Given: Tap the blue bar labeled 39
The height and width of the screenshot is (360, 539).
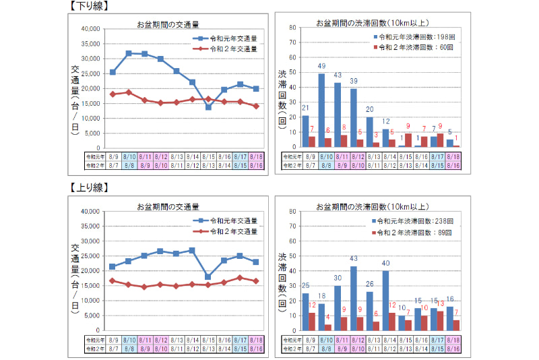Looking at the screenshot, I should coord(354,117).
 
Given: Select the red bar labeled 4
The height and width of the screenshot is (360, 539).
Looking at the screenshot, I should coord(328,327).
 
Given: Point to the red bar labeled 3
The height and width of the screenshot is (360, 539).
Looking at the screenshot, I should coord(377,144).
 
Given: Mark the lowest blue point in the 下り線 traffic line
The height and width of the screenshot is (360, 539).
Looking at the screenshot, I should coord(208,107).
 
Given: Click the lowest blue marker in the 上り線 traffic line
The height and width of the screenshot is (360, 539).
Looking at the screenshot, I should coord(208,276).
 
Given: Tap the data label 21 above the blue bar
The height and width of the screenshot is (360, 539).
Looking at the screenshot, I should coord(305,108).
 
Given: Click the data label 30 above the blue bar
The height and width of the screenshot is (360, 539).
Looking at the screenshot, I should coord(338,278).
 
